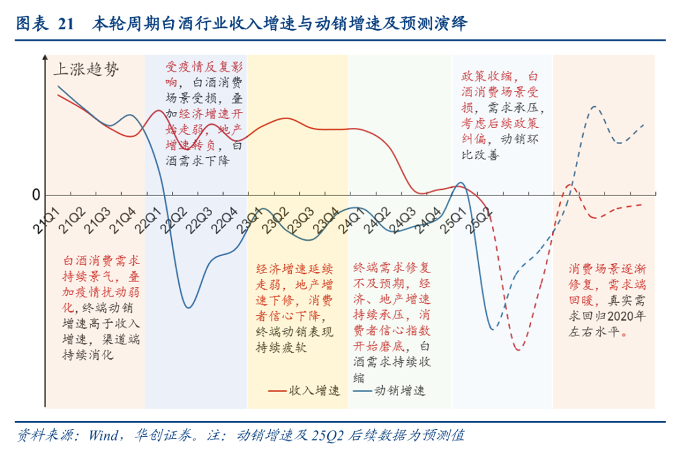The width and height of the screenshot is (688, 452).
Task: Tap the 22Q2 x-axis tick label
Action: pos(173,218)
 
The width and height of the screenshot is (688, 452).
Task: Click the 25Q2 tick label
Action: pos(478,218)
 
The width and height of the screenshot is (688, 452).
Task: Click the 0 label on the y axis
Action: pos(36,195)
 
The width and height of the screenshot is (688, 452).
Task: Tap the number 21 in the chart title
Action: pos(66,25)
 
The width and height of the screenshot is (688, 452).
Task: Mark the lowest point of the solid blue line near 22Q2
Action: pos(188,308)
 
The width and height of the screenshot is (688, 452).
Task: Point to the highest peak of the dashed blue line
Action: pos(594,106)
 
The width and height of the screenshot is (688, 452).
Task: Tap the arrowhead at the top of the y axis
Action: pos(44,60)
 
